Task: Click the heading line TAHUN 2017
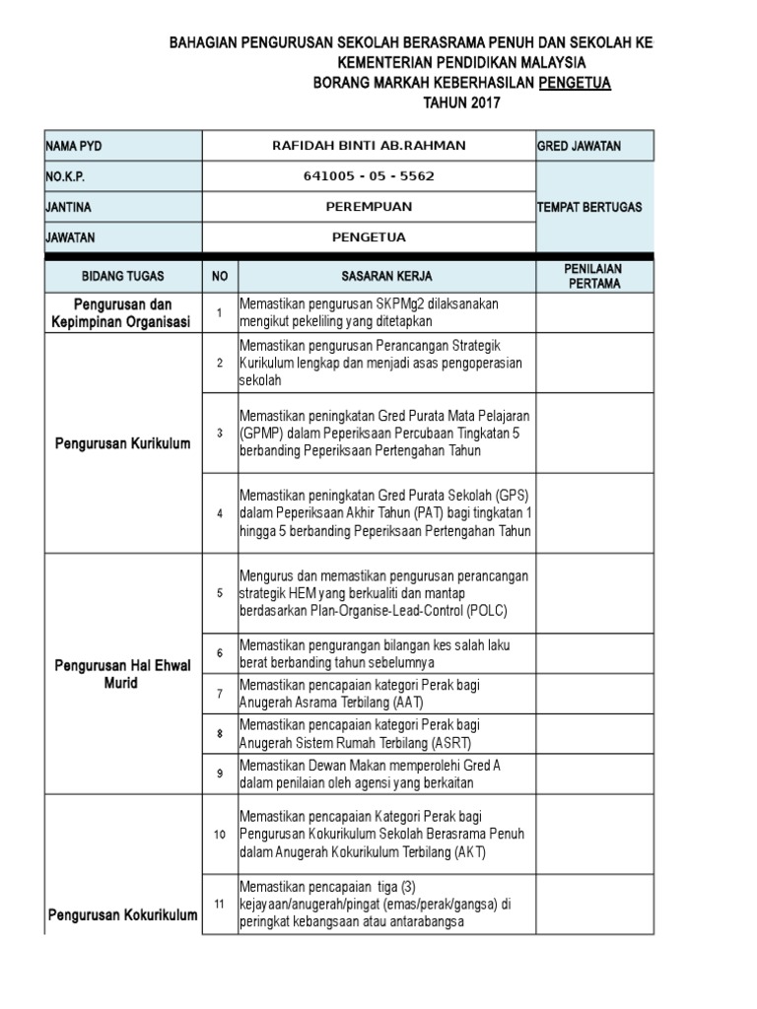click(462, 102)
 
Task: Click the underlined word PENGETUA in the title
click(575, 83)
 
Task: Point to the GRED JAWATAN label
click(579, 146)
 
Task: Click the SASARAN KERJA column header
click(386, 277)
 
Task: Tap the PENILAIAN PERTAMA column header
click(592, 277)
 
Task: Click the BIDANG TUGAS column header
click(123, 277)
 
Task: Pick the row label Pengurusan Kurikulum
click(123, 443)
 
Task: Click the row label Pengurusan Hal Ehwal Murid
click(123, 675)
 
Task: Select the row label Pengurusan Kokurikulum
click(123, 915)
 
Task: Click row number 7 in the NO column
click(220, 694)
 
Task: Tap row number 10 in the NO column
click(220, 835)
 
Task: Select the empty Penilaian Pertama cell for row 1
click(592, 312)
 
